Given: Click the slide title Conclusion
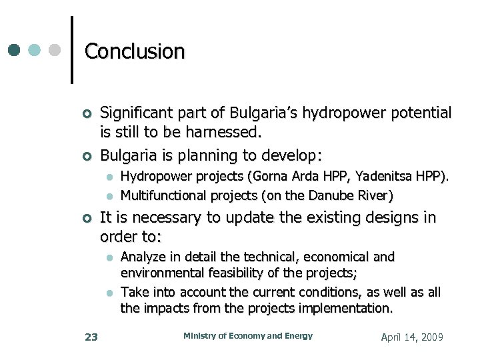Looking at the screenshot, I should (135, 51).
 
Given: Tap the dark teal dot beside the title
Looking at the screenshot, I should (15, 50).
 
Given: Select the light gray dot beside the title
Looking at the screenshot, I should (55, 50).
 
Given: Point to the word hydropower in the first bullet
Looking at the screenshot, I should (342, 113).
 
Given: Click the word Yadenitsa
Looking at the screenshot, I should (383, 177).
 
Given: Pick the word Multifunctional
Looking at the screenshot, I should (163, 195).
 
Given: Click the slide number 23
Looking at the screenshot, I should (91, 337).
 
